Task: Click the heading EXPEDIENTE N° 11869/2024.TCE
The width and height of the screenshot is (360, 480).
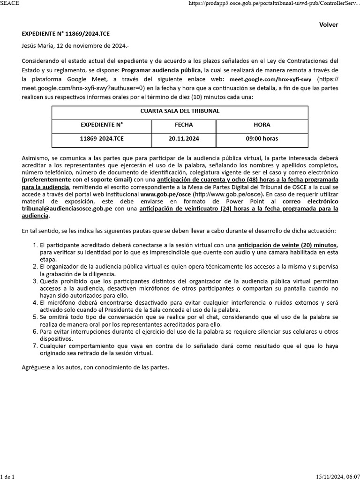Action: pos(66,34)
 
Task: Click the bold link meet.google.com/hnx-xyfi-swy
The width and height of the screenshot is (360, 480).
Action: pos(271,79)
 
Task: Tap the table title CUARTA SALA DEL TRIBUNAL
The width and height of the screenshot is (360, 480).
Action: pos(180,111)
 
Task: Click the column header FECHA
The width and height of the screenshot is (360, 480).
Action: pos(184,125)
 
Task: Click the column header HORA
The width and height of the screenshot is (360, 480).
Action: pos(262,125)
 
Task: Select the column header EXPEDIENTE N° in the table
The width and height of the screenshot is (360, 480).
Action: pos(102,125)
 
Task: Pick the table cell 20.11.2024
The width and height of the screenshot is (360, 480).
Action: pos(184,139)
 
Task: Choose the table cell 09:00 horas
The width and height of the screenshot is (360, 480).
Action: pos(262,139)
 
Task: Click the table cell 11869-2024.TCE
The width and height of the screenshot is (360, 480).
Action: pos(102,139)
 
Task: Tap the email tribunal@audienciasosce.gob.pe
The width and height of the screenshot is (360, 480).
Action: pos(67,209)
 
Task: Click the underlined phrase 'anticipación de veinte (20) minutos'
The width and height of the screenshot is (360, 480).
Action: pos(287,245)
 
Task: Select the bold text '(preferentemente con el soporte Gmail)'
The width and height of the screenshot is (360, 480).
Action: pos(77,180)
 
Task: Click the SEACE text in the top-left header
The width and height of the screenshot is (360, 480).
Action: pos(10,3)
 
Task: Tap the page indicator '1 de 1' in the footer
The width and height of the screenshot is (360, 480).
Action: pos(7,477)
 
